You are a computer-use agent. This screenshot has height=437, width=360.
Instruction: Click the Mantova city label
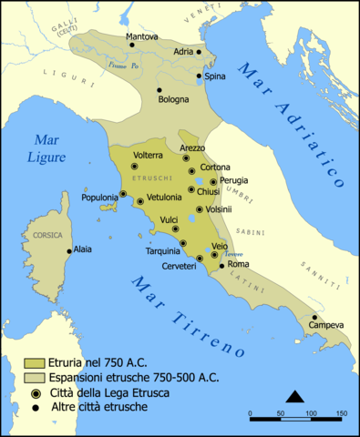[x=141, y=36]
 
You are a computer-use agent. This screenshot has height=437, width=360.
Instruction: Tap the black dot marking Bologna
[x=159, y=89]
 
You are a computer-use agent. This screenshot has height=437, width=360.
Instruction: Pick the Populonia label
[x=98, y=197]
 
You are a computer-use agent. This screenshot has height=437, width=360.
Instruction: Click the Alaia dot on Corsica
[x=69, y=250]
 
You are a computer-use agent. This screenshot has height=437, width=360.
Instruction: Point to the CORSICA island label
[x=47, y=235]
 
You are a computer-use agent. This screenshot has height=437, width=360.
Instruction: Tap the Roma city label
[x=238, y=264]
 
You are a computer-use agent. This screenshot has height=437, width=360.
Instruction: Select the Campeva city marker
[x=314, y=317]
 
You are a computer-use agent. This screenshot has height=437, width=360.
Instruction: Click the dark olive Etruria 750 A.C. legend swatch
[x=35, y=362]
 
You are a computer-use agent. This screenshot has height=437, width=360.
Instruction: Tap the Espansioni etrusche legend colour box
[x=35, y=377]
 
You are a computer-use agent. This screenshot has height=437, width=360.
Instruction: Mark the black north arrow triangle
[x=294, y=395]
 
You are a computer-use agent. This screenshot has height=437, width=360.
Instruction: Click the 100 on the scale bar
[x=310, y=414]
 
